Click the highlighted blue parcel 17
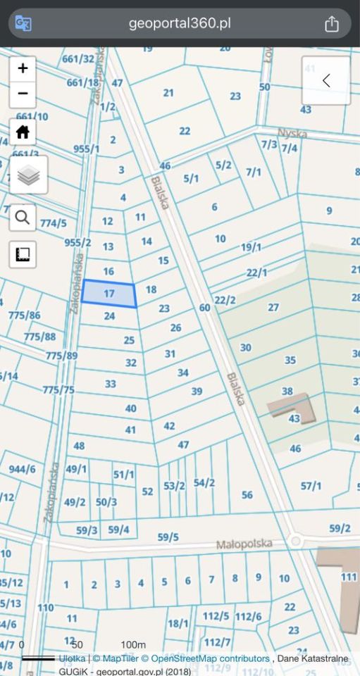pyautogui.click(x=108, y=294)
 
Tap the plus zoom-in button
pyautogui.click(x=23, y=68)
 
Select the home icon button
pyautogui.click(x=23, y=132)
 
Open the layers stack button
pyautogui.click(x=29, y=175)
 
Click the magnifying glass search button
pyautogui.click(x=23, y=218)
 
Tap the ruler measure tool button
pyautogui.click(x=23, y=254)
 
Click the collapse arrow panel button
pyautogui.click(x=325, y=80)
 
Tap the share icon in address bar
pyautogui.click(x=332, y=24)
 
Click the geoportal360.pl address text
pyautogui.click(x=180, y=24)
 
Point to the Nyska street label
pyautogui.click(x=292, y=133)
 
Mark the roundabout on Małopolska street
pyautogui.click(x=295, y=542)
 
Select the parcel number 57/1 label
pyautogui.click(x=311, y=486)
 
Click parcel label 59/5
pyautogui.click(x=168, y=537)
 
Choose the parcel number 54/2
pyautogui.click(x=204, y=482)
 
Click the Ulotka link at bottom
pyautogui.click(x=73, y=658)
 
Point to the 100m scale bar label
pyautogui.click(x=132, y=645)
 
